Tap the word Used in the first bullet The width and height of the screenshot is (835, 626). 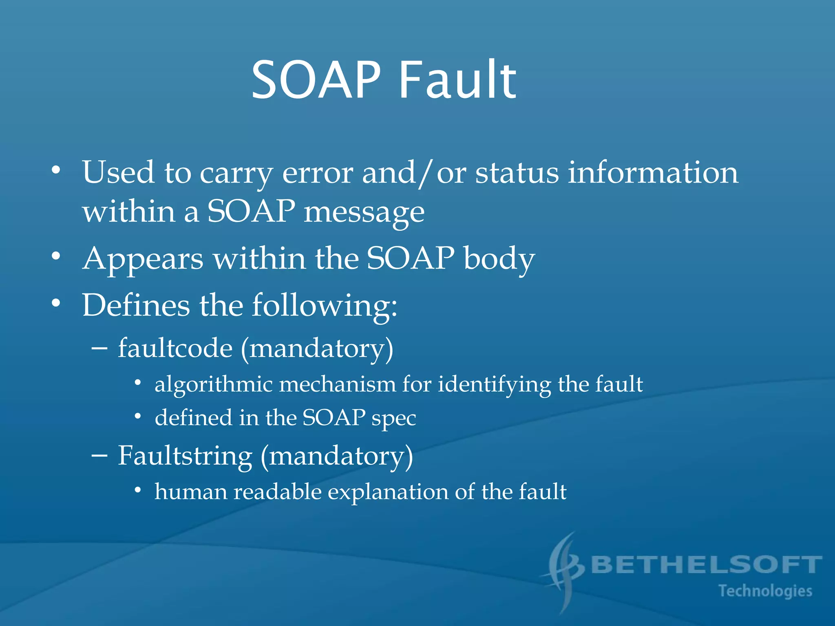[x=118, y=172]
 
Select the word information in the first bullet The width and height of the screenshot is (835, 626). [x=653, y=172]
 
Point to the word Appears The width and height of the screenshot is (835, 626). [x=143, y=260]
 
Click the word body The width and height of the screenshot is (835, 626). [x=499, y=259]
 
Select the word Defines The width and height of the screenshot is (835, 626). [x=136, y=305]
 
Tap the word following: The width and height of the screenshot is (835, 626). [x=324, y=306]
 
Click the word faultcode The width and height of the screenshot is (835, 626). [x=175, y=348]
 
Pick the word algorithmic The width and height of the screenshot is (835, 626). [x=213, y=385]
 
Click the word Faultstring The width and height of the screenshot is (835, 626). [x=185, y=456]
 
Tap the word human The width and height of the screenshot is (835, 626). [x=190, y=492]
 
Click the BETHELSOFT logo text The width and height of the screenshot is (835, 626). [x=706, y=565]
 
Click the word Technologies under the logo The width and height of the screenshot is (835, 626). [x=765, y=591]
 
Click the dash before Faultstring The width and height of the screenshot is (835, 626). [x=99, y=456]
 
